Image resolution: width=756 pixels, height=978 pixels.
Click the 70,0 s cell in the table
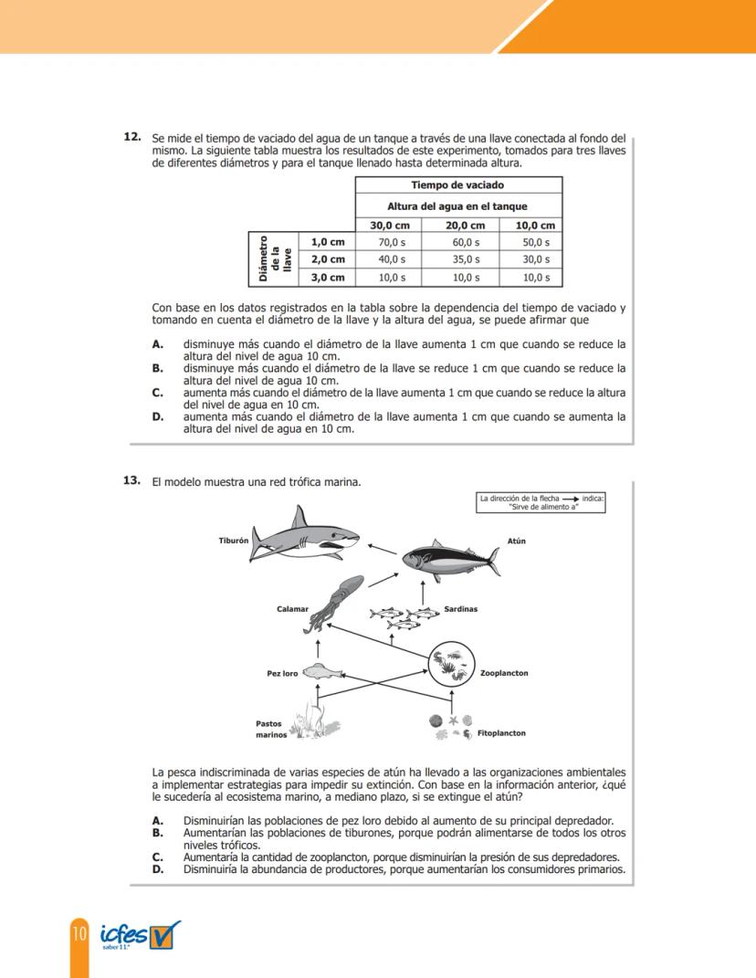(392, 242)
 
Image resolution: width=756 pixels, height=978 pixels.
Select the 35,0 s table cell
(464, 259)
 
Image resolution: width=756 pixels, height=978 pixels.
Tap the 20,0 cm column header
(464, 225)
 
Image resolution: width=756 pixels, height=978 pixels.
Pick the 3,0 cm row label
(328, 277)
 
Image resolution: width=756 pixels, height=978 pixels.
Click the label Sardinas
(460, 608)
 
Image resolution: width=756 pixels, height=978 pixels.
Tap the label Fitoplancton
(501, 732)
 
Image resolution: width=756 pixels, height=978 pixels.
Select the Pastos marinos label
(271, 729)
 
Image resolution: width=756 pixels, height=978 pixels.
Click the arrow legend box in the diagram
(541, 501)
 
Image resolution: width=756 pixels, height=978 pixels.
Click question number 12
(131, 137)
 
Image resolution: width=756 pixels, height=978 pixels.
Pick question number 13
(131, 480)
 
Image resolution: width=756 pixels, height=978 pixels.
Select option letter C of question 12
(158, 393)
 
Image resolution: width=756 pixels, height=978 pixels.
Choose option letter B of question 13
(158, 833)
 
